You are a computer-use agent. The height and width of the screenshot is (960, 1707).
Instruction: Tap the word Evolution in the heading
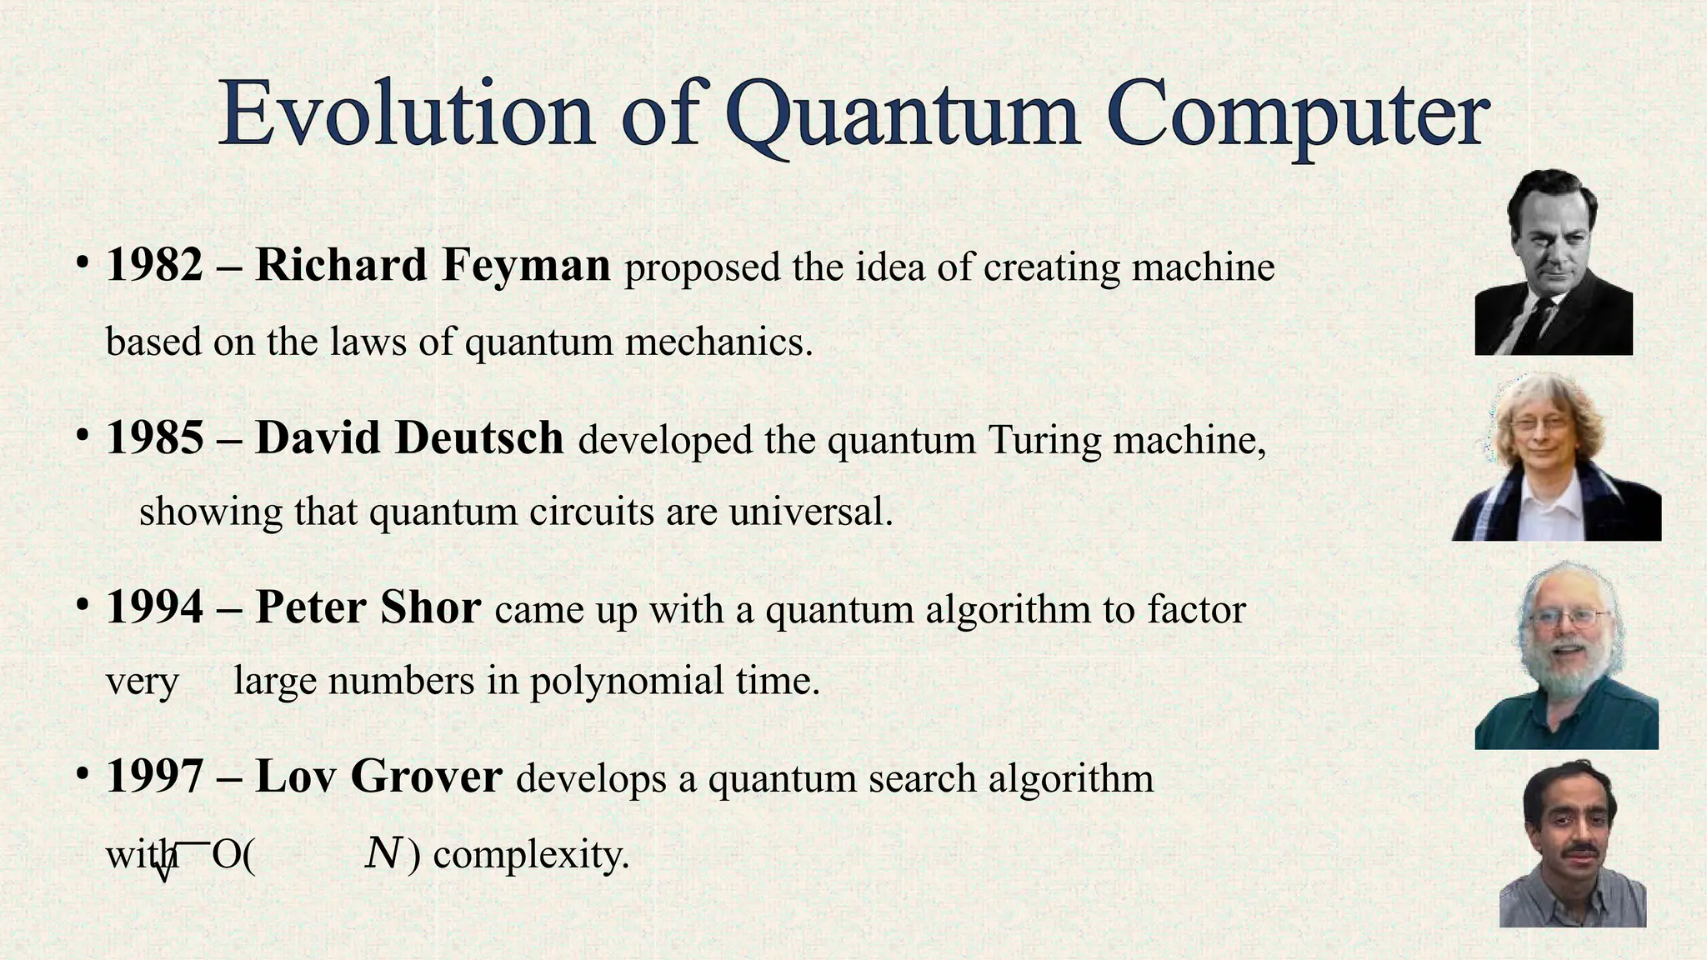coord(407,113)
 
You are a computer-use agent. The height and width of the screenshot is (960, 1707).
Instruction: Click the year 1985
coord(154,437)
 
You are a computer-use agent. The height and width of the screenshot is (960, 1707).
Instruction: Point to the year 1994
coord(154,607)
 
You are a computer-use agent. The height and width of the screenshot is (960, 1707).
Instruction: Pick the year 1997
coord(154,776)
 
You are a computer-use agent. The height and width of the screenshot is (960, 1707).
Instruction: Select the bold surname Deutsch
coord(479,437)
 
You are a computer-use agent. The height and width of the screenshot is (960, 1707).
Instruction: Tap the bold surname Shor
coord(430,607)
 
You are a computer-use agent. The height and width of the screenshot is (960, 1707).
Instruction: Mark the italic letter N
coord(383,853)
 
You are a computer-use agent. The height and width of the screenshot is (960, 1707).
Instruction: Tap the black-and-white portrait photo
coord(1553,262)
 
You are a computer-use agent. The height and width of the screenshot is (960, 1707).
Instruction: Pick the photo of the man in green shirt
coord(1566,656)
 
